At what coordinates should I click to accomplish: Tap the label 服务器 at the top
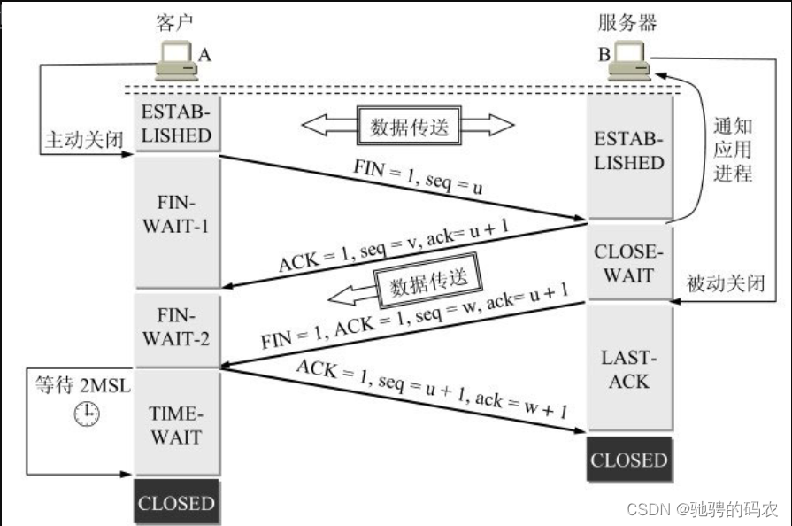click(x=629, y=21)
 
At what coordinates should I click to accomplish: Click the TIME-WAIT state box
click(x=177, y=424)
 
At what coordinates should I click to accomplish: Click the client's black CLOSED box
click(x=177, y=503)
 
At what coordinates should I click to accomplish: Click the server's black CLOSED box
click(x=629, y=460)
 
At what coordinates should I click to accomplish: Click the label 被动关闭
click(x=725, y=283)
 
